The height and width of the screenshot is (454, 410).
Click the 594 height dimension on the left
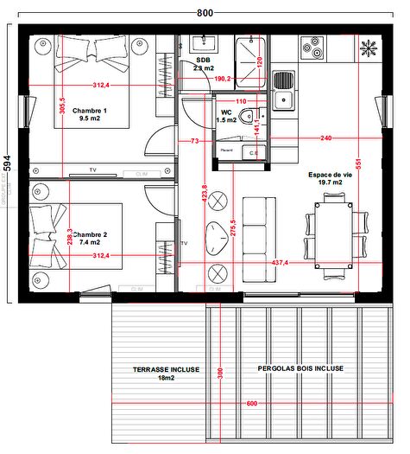click(7, 163)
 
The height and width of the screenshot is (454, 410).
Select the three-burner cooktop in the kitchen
click(312, 48)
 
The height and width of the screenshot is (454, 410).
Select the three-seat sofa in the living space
click(255, 240)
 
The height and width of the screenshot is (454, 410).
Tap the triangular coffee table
click(214, 233)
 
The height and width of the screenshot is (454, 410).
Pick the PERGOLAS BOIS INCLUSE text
click(300, 368)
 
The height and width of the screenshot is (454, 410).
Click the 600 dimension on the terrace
click(251, 404)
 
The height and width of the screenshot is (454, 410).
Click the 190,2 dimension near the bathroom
click(222, 79)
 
